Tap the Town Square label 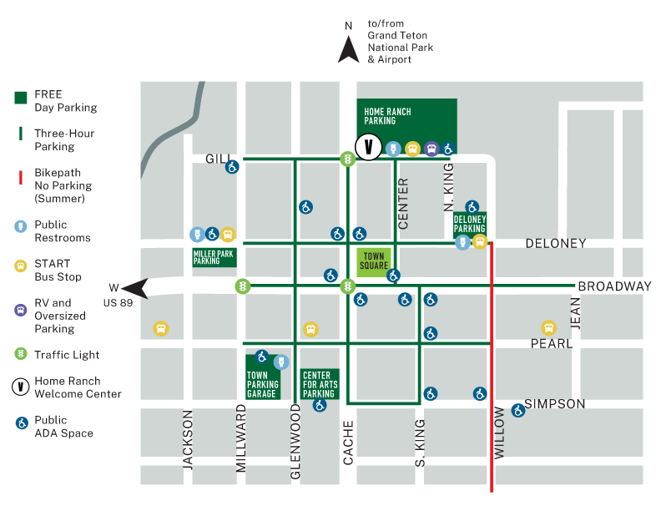point(373,261)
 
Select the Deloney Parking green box point(470,224)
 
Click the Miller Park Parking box point(214,256)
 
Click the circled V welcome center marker point(368,148)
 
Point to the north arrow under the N point(349,50)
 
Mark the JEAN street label point(575,313)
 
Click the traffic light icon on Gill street point(347,158)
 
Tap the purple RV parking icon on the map point(431,149)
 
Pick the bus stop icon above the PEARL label point(548,328)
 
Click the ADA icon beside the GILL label point(232,167)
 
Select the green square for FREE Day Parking point(21,97)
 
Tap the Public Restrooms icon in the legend point(21,226)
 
